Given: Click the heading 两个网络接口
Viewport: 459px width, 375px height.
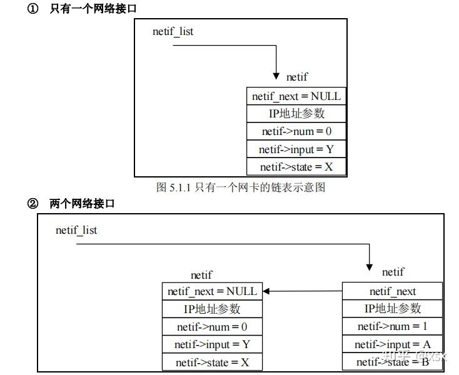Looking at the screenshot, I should click(x=82, y=204).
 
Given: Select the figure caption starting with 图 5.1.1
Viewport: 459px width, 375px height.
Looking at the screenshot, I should click(x=241, y=187).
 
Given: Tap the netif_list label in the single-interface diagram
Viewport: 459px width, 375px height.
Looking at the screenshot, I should click(x=173, y=31).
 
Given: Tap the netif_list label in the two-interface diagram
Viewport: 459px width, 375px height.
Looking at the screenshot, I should click(x=76, y=230).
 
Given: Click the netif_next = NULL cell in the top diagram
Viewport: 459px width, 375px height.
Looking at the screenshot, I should click(x=296, y=96).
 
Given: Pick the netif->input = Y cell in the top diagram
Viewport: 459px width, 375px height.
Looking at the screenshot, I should click(x=296, y=149).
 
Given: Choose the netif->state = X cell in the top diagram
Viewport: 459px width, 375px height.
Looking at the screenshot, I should click(x=296, y=167).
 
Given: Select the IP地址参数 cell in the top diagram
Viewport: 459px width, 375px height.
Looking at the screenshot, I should click(x=296, y=114).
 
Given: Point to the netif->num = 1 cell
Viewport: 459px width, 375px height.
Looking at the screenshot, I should click(x=392, y=326).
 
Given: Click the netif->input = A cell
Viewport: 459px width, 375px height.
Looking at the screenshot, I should click(x=392, y=344).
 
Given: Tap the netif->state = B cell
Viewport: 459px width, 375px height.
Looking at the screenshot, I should click(x=392, y=362).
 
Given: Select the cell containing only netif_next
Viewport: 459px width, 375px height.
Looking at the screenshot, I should click(x=392, y=291).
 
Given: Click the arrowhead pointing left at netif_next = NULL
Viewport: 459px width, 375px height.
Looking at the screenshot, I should click(x=266, y=291).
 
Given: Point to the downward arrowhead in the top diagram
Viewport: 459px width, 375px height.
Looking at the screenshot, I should click(x=276, y=76).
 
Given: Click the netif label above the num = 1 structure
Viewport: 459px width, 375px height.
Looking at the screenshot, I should click(x=393, y=272).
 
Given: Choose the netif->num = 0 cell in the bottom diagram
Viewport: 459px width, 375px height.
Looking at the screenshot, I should click(x=211, y=326).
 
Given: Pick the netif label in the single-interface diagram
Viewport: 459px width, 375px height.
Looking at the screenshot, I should click(x=297, y=77).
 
